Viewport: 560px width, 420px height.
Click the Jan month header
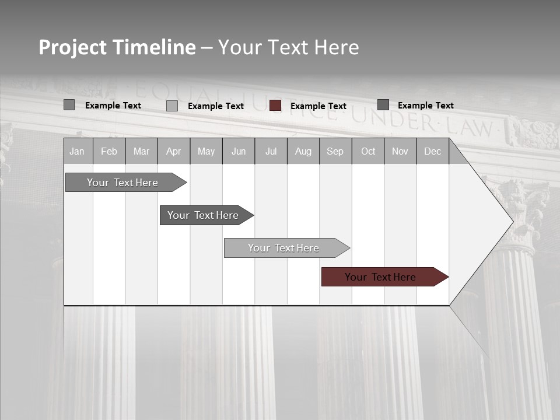coord(77,152)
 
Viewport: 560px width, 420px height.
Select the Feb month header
coord(109,152)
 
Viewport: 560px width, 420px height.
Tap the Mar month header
coord(141,152)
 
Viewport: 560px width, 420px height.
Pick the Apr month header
coord(174,152)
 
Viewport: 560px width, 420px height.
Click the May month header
coord(206,152)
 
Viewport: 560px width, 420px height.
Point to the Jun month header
coord(239,152)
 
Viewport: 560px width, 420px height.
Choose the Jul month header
coord(271,152)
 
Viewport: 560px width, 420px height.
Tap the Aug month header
coord(303,152)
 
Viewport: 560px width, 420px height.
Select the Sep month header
coord(335,152)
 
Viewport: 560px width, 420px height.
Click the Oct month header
coord(368,152)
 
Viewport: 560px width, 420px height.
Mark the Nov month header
coord(400,152)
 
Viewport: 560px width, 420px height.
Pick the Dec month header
coord(433,152)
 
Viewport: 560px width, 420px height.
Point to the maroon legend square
coord(275,106)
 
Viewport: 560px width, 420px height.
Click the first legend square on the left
coord(69,105)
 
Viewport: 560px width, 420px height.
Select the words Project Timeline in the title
coord(117,47)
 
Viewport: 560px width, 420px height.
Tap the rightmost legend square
coord(383,105)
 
